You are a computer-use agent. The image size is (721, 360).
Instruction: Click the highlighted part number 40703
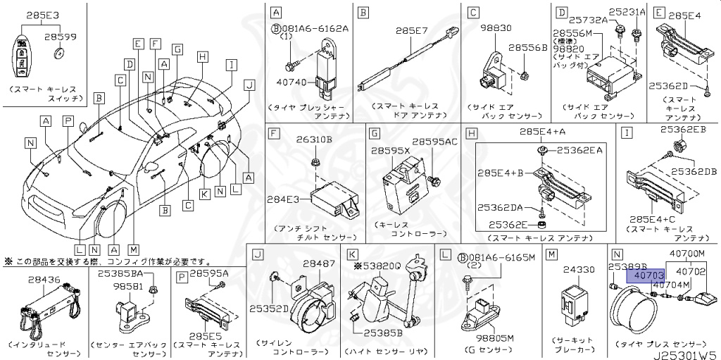point(646,276)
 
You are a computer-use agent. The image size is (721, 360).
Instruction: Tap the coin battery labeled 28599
point(60,54)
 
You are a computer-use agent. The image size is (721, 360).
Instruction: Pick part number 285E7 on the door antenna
point(407,31)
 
